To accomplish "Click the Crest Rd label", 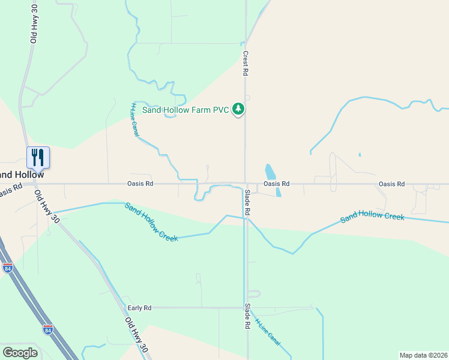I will [246, 62].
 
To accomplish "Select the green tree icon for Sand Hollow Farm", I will [240, 109].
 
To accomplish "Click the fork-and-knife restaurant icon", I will [38, 157].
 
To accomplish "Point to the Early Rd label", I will [139, 308].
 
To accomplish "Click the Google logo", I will [20, 353].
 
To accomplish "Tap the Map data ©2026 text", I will [423, 355].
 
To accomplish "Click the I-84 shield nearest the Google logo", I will [48, 329].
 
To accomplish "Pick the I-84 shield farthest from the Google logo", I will [8, 266].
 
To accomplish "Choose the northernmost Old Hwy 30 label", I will [34, 23].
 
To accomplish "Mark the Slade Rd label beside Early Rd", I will [247, 316].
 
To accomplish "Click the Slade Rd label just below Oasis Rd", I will [247, 203].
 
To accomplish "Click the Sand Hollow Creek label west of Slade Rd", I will [151, 223].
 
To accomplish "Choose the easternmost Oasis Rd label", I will [391, 184].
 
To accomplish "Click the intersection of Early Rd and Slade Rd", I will [245, 308].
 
